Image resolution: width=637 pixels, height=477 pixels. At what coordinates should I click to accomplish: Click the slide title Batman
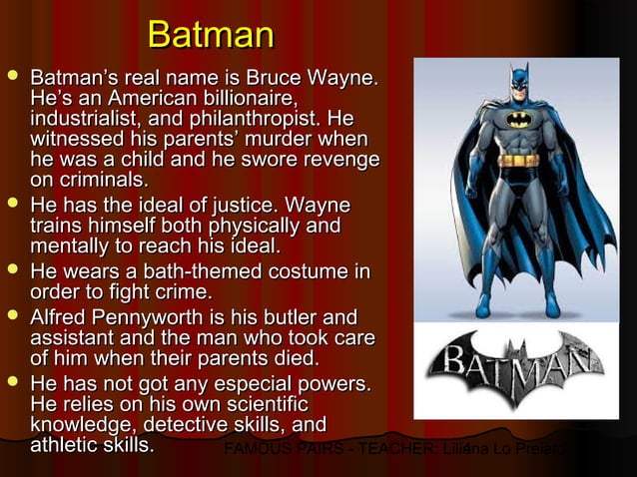(x=210, y=37)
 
